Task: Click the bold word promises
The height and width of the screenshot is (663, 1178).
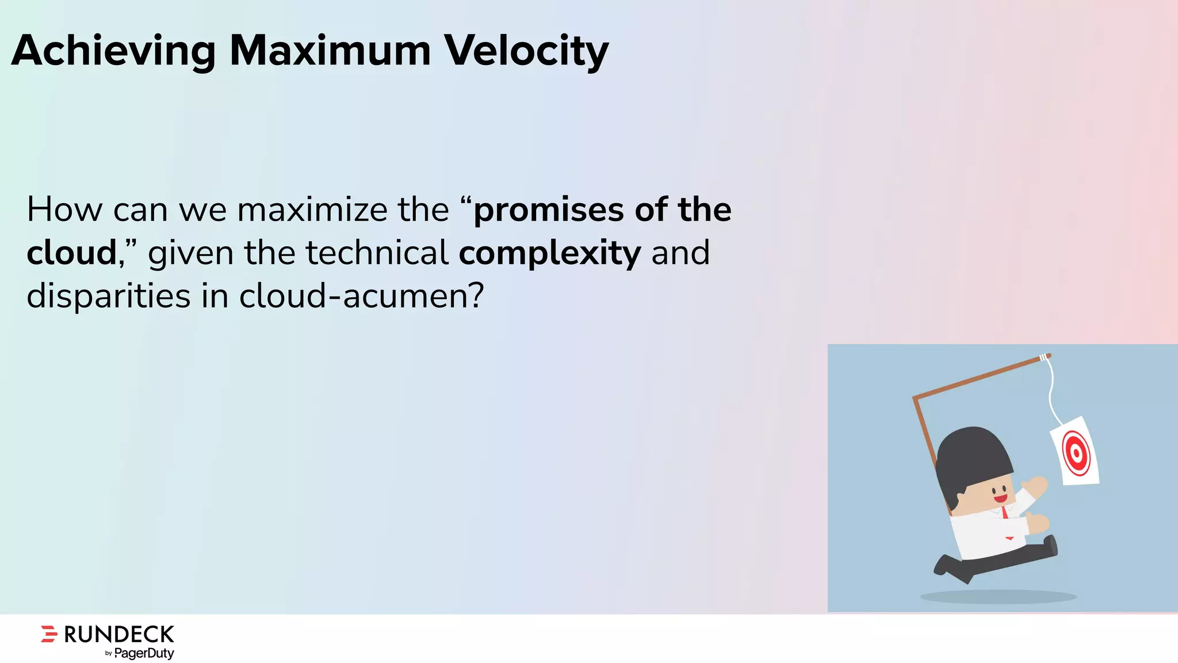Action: tap(549, 211)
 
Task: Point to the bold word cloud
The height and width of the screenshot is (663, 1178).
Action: tap(72, 253)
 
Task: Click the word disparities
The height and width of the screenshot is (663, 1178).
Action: tap(108, 297)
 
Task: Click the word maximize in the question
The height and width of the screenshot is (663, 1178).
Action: tap(312, 210)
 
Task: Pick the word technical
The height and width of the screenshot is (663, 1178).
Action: tap(377, 253)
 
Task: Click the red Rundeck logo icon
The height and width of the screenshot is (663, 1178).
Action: tap(49, 634)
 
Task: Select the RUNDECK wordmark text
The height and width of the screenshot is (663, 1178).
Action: tap(119, 634)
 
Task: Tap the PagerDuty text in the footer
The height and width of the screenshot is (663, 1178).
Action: tap(144, 653)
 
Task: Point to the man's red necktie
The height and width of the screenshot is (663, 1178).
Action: tap(1005, 512)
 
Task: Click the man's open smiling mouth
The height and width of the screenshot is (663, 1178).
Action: tap(1001, 498)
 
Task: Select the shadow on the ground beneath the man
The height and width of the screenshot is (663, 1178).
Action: tap(998, 597)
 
